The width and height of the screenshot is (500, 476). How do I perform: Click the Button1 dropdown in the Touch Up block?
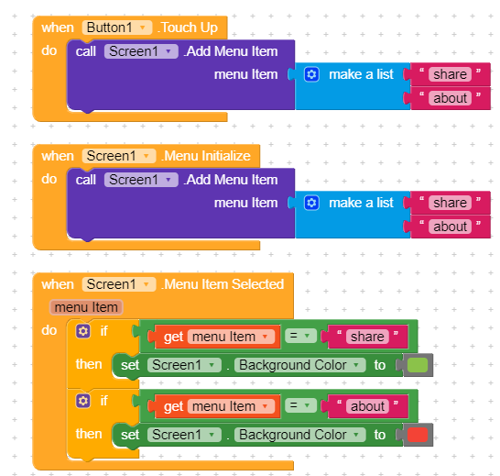pos(117,28)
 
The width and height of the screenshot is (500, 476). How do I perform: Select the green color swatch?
pos(418,365)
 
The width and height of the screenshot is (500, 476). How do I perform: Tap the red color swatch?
pos(418,435)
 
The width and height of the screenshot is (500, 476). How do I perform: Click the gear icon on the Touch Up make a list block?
pos(311,74)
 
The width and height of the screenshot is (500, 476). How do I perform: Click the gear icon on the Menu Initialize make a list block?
pos(311,203)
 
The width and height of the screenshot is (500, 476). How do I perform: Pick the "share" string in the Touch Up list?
pos(450,74)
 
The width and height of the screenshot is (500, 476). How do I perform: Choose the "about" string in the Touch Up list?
pos(450,98)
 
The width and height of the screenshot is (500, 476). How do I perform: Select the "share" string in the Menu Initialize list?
pos(450,203)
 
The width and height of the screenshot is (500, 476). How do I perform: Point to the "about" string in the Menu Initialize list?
pos(450,227)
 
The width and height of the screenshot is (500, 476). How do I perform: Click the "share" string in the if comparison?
pos(367,337)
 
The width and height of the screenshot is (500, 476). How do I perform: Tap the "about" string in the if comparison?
pos(367,406)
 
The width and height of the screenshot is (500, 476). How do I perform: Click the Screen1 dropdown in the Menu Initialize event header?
pos(119,156)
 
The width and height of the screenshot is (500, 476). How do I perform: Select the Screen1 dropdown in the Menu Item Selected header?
pos(119,284)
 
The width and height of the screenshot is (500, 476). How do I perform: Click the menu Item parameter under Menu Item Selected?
pos(86,307)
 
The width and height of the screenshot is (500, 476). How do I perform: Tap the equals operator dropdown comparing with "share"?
pos(300,336)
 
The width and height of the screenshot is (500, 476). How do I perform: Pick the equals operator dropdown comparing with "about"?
pos(300,405)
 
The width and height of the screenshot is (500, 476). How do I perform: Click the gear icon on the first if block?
pos(83,331)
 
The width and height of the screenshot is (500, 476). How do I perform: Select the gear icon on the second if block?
pos(83,401)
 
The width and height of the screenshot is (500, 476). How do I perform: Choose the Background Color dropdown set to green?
pos(299,365)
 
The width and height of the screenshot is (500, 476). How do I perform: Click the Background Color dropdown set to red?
pos(299,435)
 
